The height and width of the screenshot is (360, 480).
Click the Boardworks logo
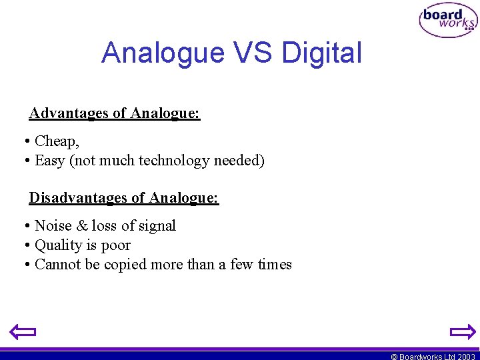tap(448, 21)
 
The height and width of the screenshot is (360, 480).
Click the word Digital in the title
tap(322, 53)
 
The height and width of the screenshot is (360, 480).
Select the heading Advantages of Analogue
tap(115, 113)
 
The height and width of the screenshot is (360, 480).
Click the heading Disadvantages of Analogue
tap(124, 198)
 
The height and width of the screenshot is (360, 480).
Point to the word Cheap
tap(57, 141)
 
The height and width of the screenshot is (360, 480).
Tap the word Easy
tap(49, 161)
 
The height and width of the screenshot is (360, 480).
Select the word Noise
tap(52, 226)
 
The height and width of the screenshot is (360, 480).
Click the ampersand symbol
tap(81, 226)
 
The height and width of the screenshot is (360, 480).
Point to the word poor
tap(116, 246)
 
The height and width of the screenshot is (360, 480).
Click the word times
tap(275, 265)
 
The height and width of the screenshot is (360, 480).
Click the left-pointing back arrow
tap(23, 331)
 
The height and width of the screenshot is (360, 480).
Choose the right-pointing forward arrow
tap(462, 331)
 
